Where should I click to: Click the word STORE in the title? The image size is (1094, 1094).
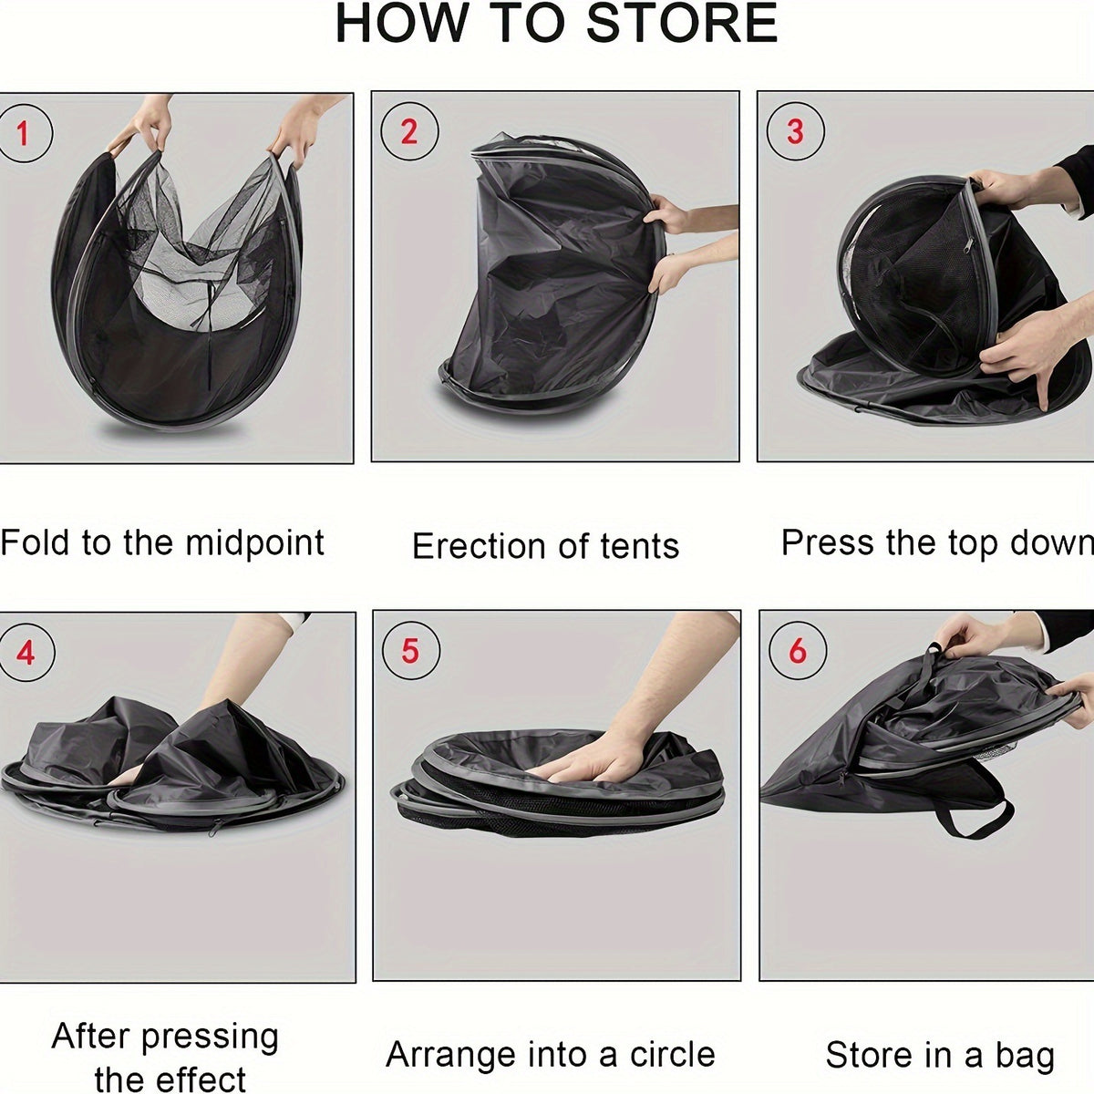tap(682, 24)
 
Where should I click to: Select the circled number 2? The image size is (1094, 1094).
tap(408, 132)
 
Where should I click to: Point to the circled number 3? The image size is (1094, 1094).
tap(795, 131)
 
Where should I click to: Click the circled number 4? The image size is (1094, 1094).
tap(26, 653)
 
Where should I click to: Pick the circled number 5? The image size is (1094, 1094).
tap(410, 651)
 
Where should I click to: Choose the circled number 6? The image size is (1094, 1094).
tap(798, 650)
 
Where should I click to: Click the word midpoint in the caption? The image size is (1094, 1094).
tap(254, 543)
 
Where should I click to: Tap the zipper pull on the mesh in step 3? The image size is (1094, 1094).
tap(967, 245)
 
